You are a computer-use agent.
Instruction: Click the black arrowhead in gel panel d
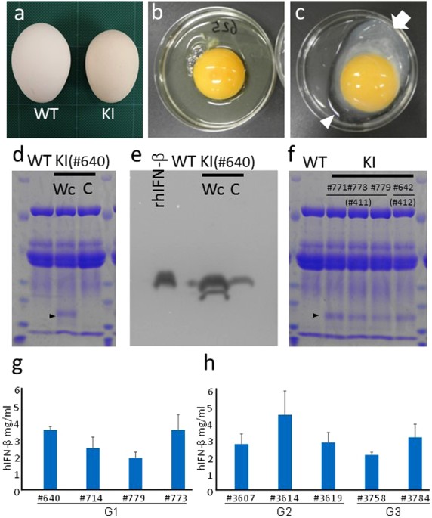click(52, 314)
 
